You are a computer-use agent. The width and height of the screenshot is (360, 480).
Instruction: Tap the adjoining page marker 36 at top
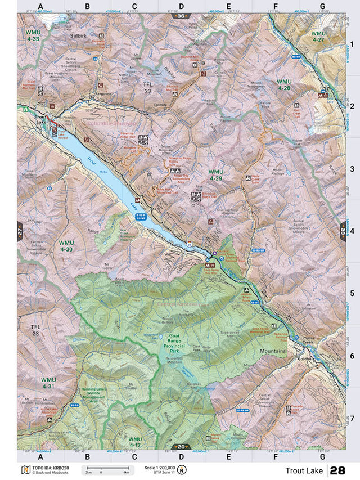[181, 16]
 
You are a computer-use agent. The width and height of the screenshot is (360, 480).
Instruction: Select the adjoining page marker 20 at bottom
[181, 445]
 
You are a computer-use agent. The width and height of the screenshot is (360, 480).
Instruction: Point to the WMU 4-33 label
[32, 35]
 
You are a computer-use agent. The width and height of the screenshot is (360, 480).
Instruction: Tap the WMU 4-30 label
[66, 245]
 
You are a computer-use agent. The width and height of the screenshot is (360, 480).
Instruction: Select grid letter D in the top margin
[181, 7]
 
